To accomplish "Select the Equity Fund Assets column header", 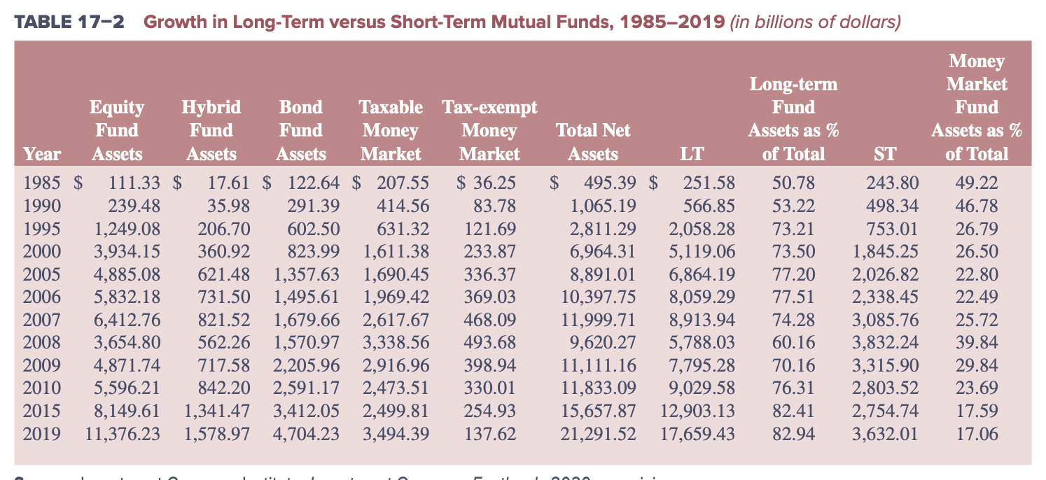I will point(116,130).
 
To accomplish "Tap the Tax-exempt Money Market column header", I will point(489,130).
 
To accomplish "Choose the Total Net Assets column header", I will point(592,142).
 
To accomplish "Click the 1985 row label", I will point(41,183).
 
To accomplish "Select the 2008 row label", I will point(41,343).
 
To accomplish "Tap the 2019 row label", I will point(41,434).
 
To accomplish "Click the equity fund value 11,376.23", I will point(123,434).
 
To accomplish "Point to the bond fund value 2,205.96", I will point(307,365).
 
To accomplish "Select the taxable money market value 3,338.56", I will point(396,343).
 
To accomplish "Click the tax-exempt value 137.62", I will point(490,434).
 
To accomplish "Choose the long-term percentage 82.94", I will point(793,434).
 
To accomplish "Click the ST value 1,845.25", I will point(884,252).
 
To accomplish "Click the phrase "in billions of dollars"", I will point(816,22).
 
